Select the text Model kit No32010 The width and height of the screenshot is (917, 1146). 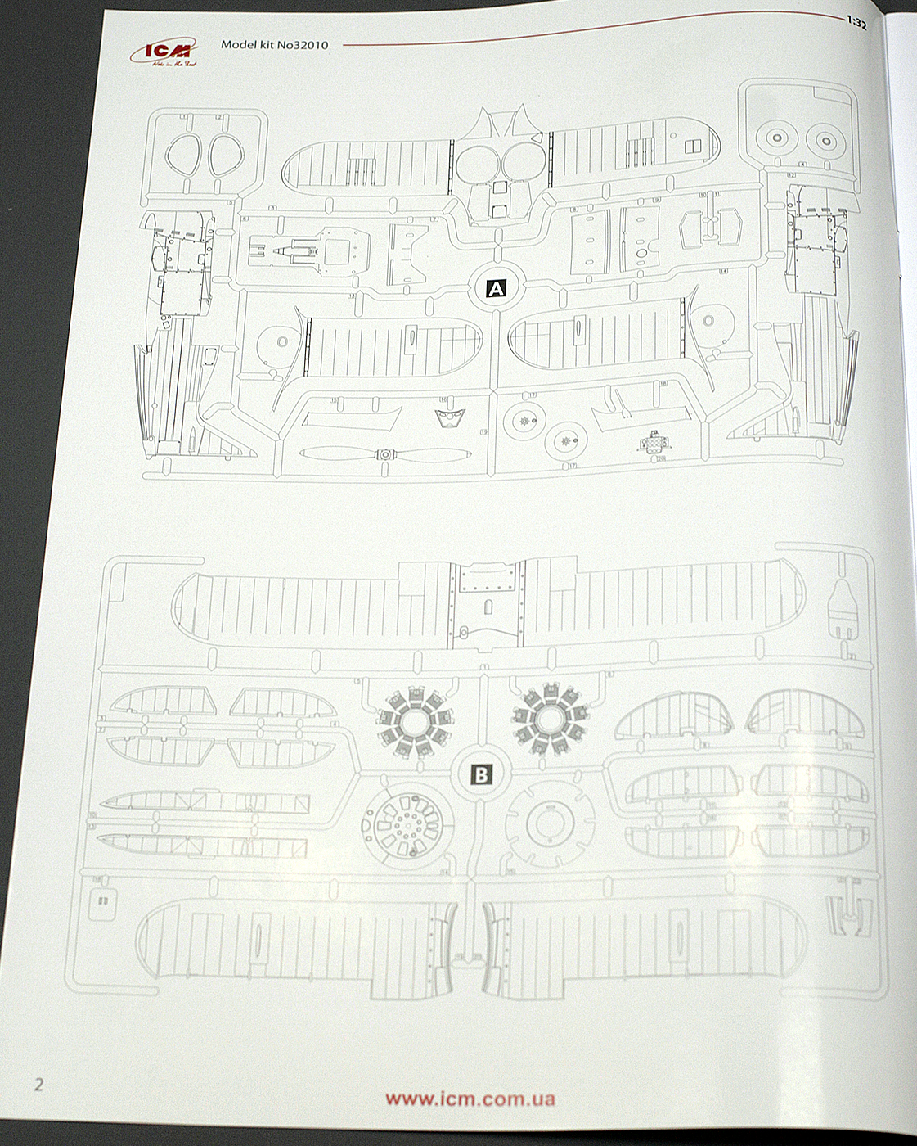click(274, 45)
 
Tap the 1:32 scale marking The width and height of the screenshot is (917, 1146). click(856, 23)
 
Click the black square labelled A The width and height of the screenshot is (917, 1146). click(496, 288)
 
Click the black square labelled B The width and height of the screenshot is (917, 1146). click(481, 774)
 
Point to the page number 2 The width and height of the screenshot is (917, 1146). click(38, 1085)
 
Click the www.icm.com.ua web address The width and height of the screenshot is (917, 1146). click(470, 1099)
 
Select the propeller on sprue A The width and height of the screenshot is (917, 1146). click(384, 454)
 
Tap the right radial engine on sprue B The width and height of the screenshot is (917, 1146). click(550, 718)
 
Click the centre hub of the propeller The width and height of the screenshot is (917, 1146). click(384, 454)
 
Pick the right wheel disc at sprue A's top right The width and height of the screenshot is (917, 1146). click(827, 141)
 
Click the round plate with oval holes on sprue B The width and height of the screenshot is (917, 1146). click(407, 824)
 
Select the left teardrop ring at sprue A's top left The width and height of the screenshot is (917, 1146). click(187, 153)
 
